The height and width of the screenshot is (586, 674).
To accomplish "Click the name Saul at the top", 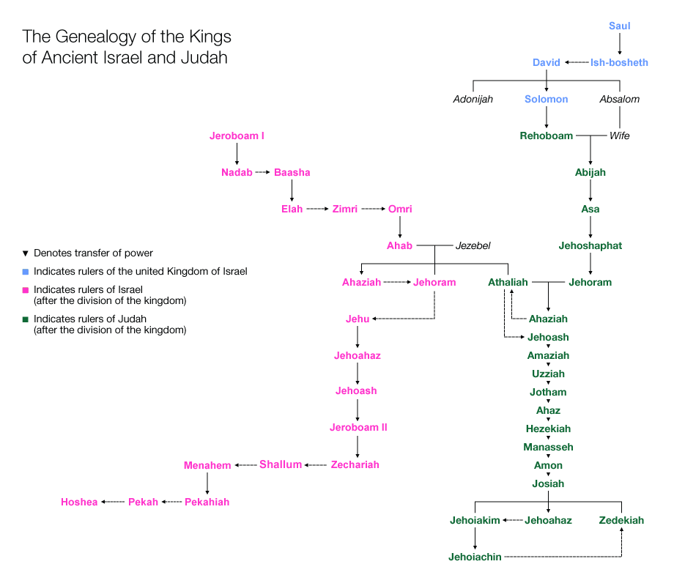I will tap(619, 26).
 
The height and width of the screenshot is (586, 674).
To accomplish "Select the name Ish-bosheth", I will tap(619, 63).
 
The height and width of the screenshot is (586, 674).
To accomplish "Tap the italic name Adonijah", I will tap(473, 99).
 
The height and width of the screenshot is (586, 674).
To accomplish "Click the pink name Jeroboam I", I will tap(237, 136).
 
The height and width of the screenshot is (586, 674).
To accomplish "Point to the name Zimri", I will tap(345, 209).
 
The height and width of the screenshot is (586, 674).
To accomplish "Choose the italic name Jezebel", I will tap(473, 246).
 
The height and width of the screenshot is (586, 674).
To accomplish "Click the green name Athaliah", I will tap(508, 283).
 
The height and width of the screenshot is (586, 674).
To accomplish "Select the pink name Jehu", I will tap(358, 319).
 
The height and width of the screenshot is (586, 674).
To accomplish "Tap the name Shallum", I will tap(281, 465).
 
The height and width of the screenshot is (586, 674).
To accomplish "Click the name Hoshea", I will tap(79, 502).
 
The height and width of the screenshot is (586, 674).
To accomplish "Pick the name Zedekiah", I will tap(621, 521).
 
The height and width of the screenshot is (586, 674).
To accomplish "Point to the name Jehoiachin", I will tap(475, 557).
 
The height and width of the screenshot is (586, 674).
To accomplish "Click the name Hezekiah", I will tap(548, 429).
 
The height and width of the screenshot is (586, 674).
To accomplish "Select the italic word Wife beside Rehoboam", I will tap(620, 136).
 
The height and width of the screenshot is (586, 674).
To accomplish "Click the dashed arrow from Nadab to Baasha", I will tap(263, 173).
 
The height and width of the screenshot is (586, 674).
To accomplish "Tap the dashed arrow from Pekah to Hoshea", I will tap(113, 502).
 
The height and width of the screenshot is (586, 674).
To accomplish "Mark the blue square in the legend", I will tap(26, 272).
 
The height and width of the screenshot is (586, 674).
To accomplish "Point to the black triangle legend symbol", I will tap(26, 253).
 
